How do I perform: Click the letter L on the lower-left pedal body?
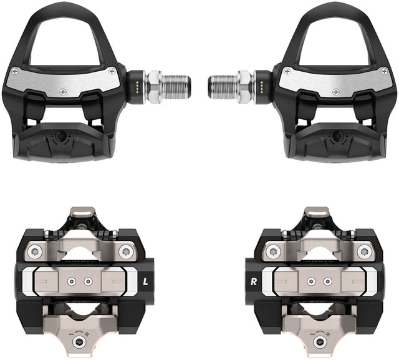[145, 281]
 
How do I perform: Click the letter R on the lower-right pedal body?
[254, 281]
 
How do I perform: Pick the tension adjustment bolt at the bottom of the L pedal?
[78, 343]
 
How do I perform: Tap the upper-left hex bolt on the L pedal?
[36, 251]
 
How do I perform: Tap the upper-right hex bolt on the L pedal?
[127, 251]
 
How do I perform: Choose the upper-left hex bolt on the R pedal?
[272, 251]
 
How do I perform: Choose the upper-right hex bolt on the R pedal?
[363, 251]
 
